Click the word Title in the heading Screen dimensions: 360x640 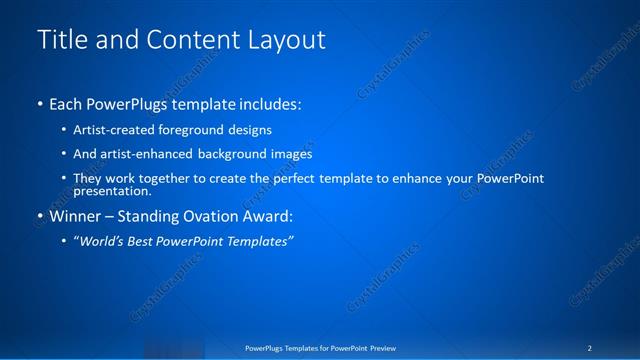[x=60, y=40]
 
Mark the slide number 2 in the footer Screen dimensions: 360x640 [x=590, y=348]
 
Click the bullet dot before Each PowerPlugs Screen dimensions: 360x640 [x=40, y=104]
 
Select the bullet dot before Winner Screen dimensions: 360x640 [x=40, y=215]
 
